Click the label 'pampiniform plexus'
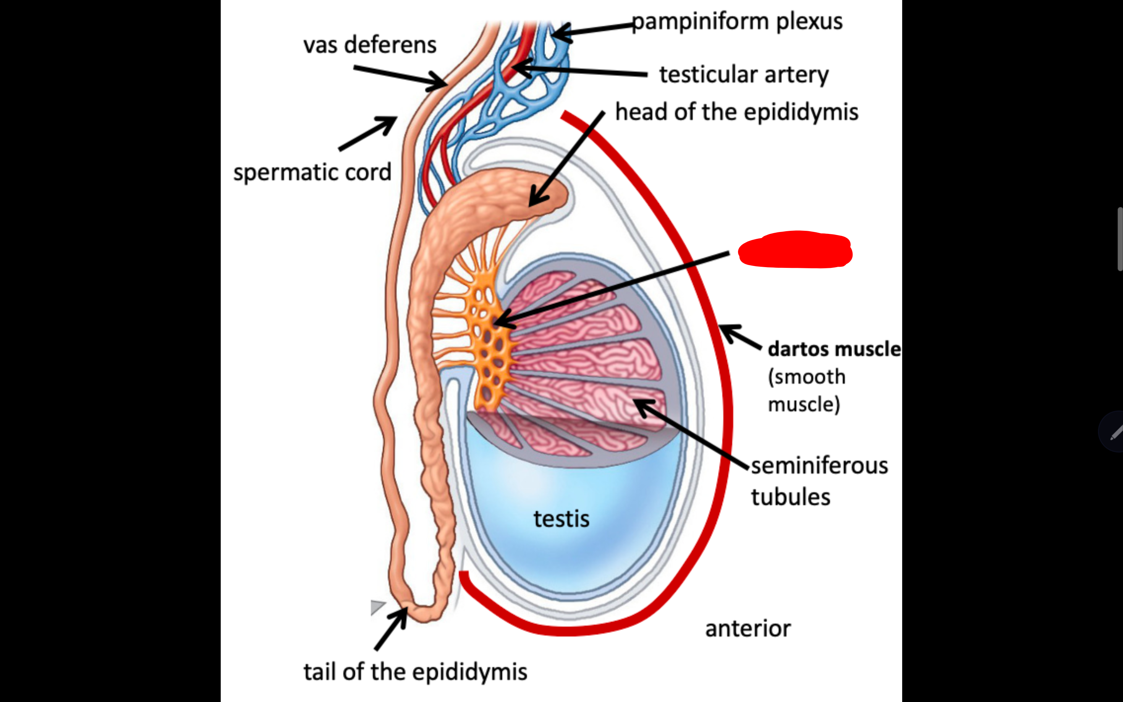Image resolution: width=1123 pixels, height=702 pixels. pos(737,21)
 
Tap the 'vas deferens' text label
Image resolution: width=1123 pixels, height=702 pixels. pos(370,45)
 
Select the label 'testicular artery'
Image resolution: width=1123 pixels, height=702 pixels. pos(744,74)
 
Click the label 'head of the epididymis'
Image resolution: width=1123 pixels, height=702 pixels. pos(736,112)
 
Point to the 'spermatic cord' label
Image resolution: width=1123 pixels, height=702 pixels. pos(312,172)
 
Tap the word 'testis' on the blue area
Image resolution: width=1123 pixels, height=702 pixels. pos(561,519)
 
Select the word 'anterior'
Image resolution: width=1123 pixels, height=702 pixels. pos(748,629)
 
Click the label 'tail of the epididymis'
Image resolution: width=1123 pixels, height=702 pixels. pos(415,672)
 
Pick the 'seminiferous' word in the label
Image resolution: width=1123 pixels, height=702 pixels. pos(819,466)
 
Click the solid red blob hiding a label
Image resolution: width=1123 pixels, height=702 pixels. pos(795,250)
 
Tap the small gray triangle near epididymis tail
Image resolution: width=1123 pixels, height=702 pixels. pos(377,606)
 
